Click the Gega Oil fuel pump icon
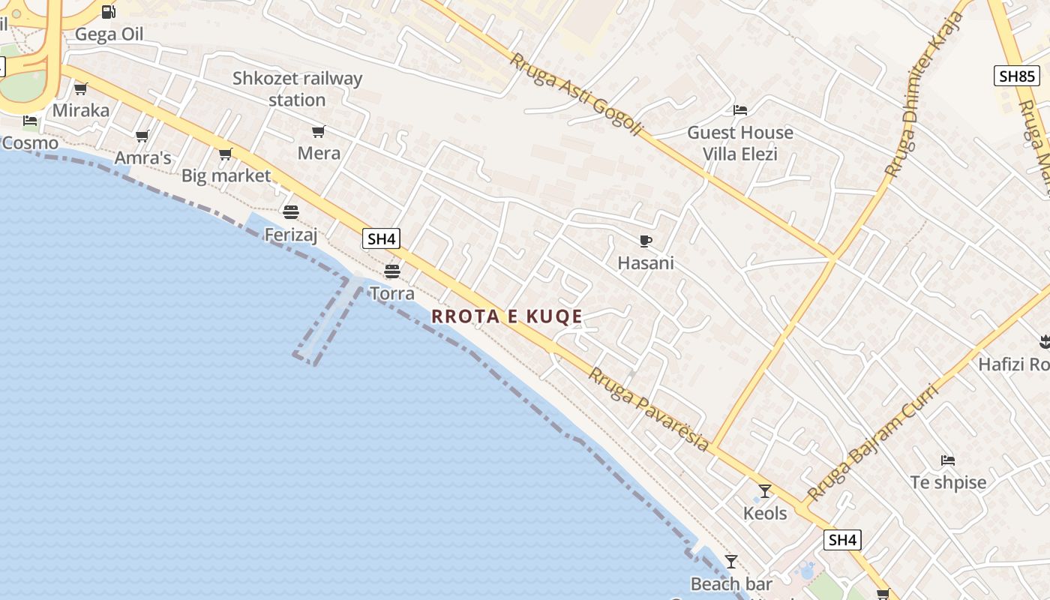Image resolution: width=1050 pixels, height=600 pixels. click(109, 12)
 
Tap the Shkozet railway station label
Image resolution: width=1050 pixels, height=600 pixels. click(297, 88)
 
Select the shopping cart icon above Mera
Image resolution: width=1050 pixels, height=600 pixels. click(319, 132)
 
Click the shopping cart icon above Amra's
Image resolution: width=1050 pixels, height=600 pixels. click(142, 136)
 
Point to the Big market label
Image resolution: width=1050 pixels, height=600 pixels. click(226, 175)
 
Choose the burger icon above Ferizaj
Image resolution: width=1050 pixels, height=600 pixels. click(291, 211)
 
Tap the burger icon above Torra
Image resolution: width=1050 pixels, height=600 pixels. click(391, 271)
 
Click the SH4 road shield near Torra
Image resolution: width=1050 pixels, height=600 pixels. click(381, 239)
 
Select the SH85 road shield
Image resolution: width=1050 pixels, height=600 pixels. click(1017, 76)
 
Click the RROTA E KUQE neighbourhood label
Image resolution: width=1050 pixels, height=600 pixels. click(507, 316)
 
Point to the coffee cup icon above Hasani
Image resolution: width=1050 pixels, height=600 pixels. click(645, 241)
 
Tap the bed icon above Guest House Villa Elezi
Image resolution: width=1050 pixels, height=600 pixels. click(740, 110)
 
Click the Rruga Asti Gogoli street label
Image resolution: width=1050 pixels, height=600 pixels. click(576, 94)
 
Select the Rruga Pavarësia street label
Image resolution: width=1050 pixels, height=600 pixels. click(648, 409)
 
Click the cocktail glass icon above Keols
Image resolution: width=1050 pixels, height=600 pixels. click(765, 491)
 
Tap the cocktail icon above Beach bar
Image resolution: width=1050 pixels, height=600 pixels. click(731, 562)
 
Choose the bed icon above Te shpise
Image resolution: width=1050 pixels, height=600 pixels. click(948, 460)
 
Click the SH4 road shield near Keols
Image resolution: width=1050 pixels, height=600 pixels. click(842, 540)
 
